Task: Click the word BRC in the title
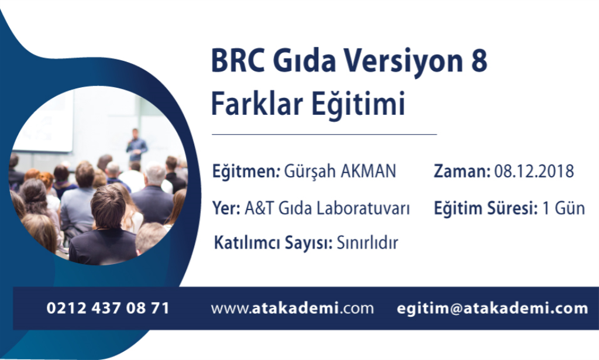[237, 60]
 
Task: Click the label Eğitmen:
[246, 171]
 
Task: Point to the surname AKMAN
[369, 171]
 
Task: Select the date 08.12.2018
[534, 171]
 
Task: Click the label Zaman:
[462, 171]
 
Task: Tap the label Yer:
[226, 208]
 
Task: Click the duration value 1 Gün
[563, 208]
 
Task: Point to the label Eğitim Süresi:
[486, 208]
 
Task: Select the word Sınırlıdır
[367, 243]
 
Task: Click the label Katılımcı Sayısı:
[273, 243]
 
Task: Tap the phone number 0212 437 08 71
[108, 308]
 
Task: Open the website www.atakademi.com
[292, 308]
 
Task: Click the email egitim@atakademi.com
[493, 308]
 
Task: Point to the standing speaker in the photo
[136, 145]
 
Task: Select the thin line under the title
[324, 135]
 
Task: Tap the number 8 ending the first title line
[479, 60]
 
